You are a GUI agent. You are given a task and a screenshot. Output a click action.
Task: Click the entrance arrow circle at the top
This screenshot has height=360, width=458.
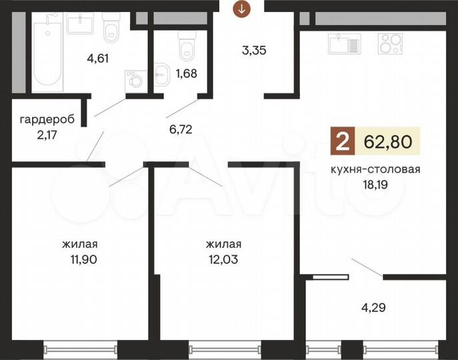(241, 9)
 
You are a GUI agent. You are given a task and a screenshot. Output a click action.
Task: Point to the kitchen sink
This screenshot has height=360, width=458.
(345, 44)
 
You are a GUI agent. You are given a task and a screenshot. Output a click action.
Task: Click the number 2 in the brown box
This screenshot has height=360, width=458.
(343, 141)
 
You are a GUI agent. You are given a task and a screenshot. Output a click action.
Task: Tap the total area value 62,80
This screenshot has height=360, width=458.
(388, 141)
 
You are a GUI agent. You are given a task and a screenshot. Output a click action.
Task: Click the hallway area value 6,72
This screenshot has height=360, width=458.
(181, 129)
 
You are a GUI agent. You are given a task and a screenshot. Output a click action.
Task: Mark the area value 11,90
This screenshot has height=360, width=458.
(83, 259)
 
